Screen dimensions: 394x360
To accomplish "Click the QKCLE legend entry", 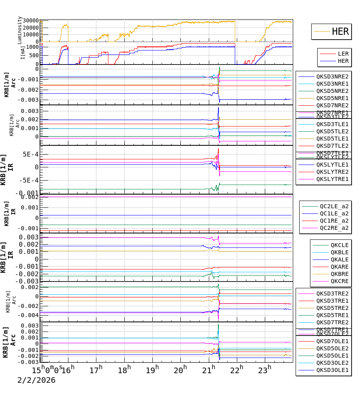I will click(339, 245).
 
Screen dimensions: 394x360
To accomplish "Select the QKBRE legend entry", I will click(339, 274).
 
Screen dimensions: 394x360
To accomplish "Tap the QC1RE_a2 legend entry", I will click(334, 221).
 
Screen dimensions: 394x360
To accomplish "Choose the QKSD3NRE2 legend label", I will click(332, 76).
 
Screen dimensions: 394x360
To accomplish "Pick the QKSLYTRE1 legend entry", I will click(332, 179).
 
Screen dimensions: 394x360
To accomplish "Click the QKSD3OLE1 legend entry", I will click(332, 370).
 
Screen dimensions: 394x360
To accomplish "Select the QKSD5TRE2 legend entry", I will click(332, 308).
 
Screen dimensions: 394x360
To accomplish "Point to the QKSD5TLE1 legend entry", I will click(332, 139).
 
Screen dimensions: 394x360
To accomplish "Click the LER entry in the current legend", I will click(343, 54).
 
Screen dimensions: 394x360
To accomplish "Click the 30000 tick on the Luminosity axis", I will click(31, 21).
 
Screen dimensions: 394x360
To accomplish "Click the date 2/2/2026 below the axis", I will click(36, 380).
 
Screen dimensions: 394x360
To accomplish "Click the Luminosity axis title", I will click(20, 30).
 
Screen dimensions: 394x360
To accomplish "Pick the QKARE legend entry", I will click(339, 267).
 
